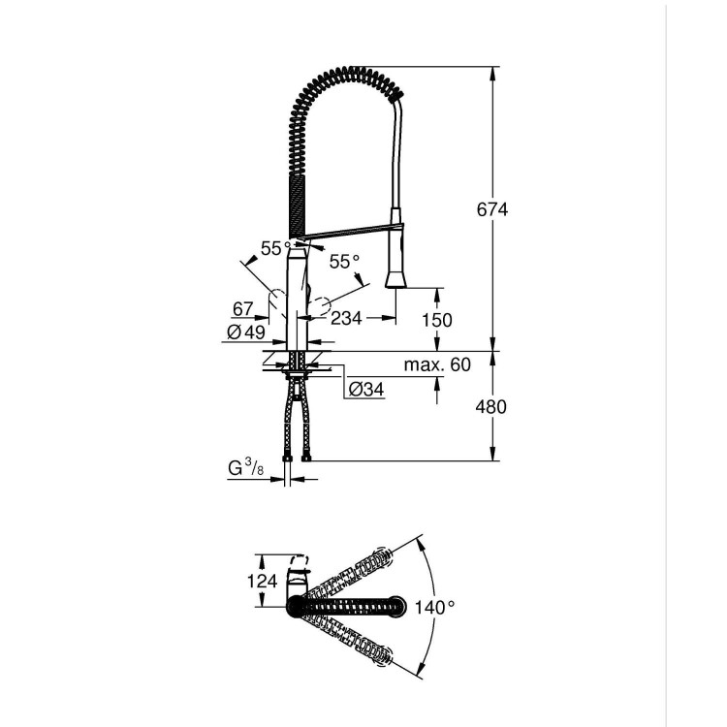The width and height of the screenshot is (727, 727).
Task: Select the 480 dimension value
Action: click(491, 406)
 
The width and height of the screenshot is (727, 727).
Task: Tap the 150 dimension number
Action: click(436, 320)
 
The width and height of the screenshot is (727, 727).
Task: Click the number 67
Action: click(242, 309)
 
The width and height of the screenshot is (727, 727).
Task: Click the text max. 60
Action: click(436, 364)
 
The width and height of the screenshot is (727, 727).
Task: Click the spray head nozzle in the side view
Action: click(395, 279)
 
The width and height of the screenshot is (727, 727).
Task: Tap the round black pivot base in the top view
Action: click(295, 606)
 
